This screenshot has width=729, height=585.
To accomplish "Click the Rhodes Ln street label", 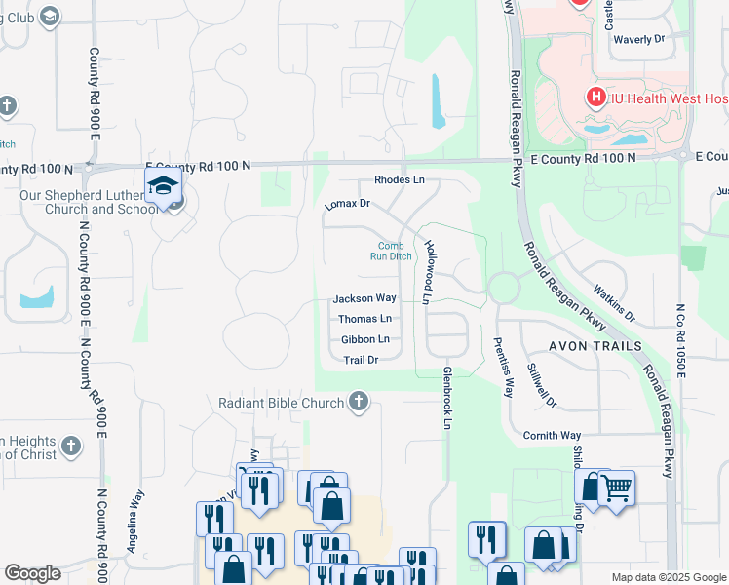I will [400, 180].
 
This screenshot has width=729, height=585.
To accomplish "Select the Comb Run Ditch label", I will [389, 251].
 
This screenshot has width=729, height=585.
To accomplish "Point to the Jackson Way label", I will [364, 298].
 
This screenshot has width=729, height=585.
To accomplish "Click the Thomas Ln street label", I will [364, 319].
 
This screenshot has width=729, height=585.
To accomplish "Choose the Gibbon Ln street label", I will [364, 339].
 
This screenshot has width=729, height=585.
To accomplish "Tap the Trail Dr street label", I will [360, 360].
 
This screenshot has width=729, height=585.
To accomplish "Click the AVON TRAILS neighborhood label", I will [595, 346].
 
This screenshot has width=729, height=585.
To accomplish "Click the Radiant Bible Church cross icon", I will [359, 402].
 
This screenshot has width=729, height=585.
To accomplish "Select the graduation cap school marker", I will [164, 188].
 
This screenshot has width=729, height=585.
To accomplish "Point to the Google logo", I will [32, 573].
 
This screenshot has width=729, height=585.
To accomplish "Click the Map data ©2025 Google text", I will [669, 577].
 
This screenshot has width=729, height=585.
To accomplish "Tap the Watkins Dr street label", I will [614, 304].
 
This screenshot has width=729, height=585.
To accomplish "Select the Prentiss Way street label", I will [503, 366].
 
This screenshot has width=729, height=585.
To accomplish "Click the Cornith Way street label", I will [552, 435].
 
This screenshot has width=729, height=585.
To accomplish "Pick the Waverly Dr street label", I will [638, 40].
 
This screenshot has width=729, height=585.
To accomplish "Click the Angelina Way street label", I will [136, 522].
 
